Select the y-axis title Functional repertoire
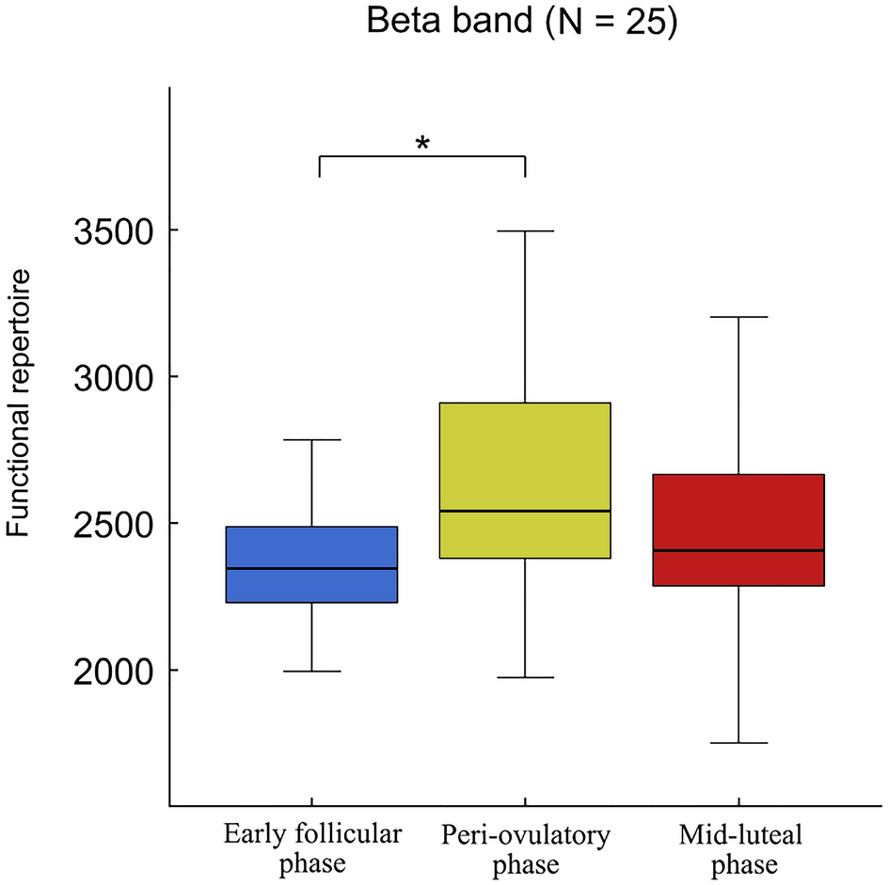(x=21, y=403)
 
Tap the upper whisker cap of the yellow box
(x=525, y=230)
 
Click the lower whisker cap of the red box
(x=738, y=743)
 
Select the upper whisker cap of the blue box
(x=311, y=439)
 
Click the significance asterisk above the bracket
(x=422, y=144)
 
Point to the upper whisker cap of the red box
(x=738, y=317)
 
